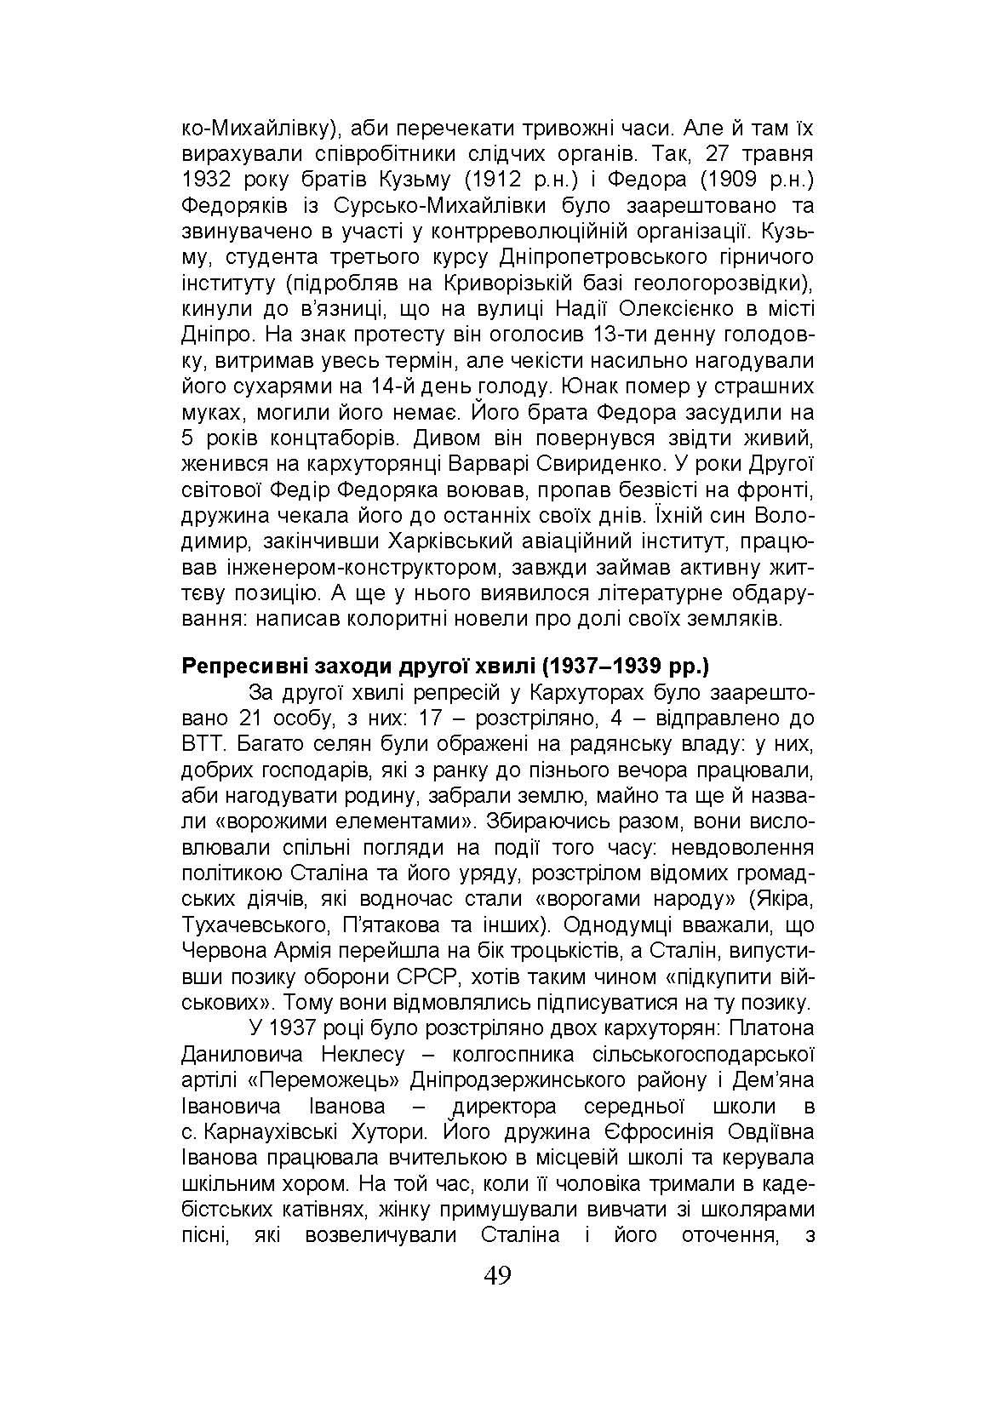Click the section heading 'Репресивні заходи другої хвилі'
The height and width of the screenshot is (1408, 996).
point(358,666)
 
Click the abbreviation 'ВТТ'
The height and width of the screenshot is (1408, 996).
point(203,743)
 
